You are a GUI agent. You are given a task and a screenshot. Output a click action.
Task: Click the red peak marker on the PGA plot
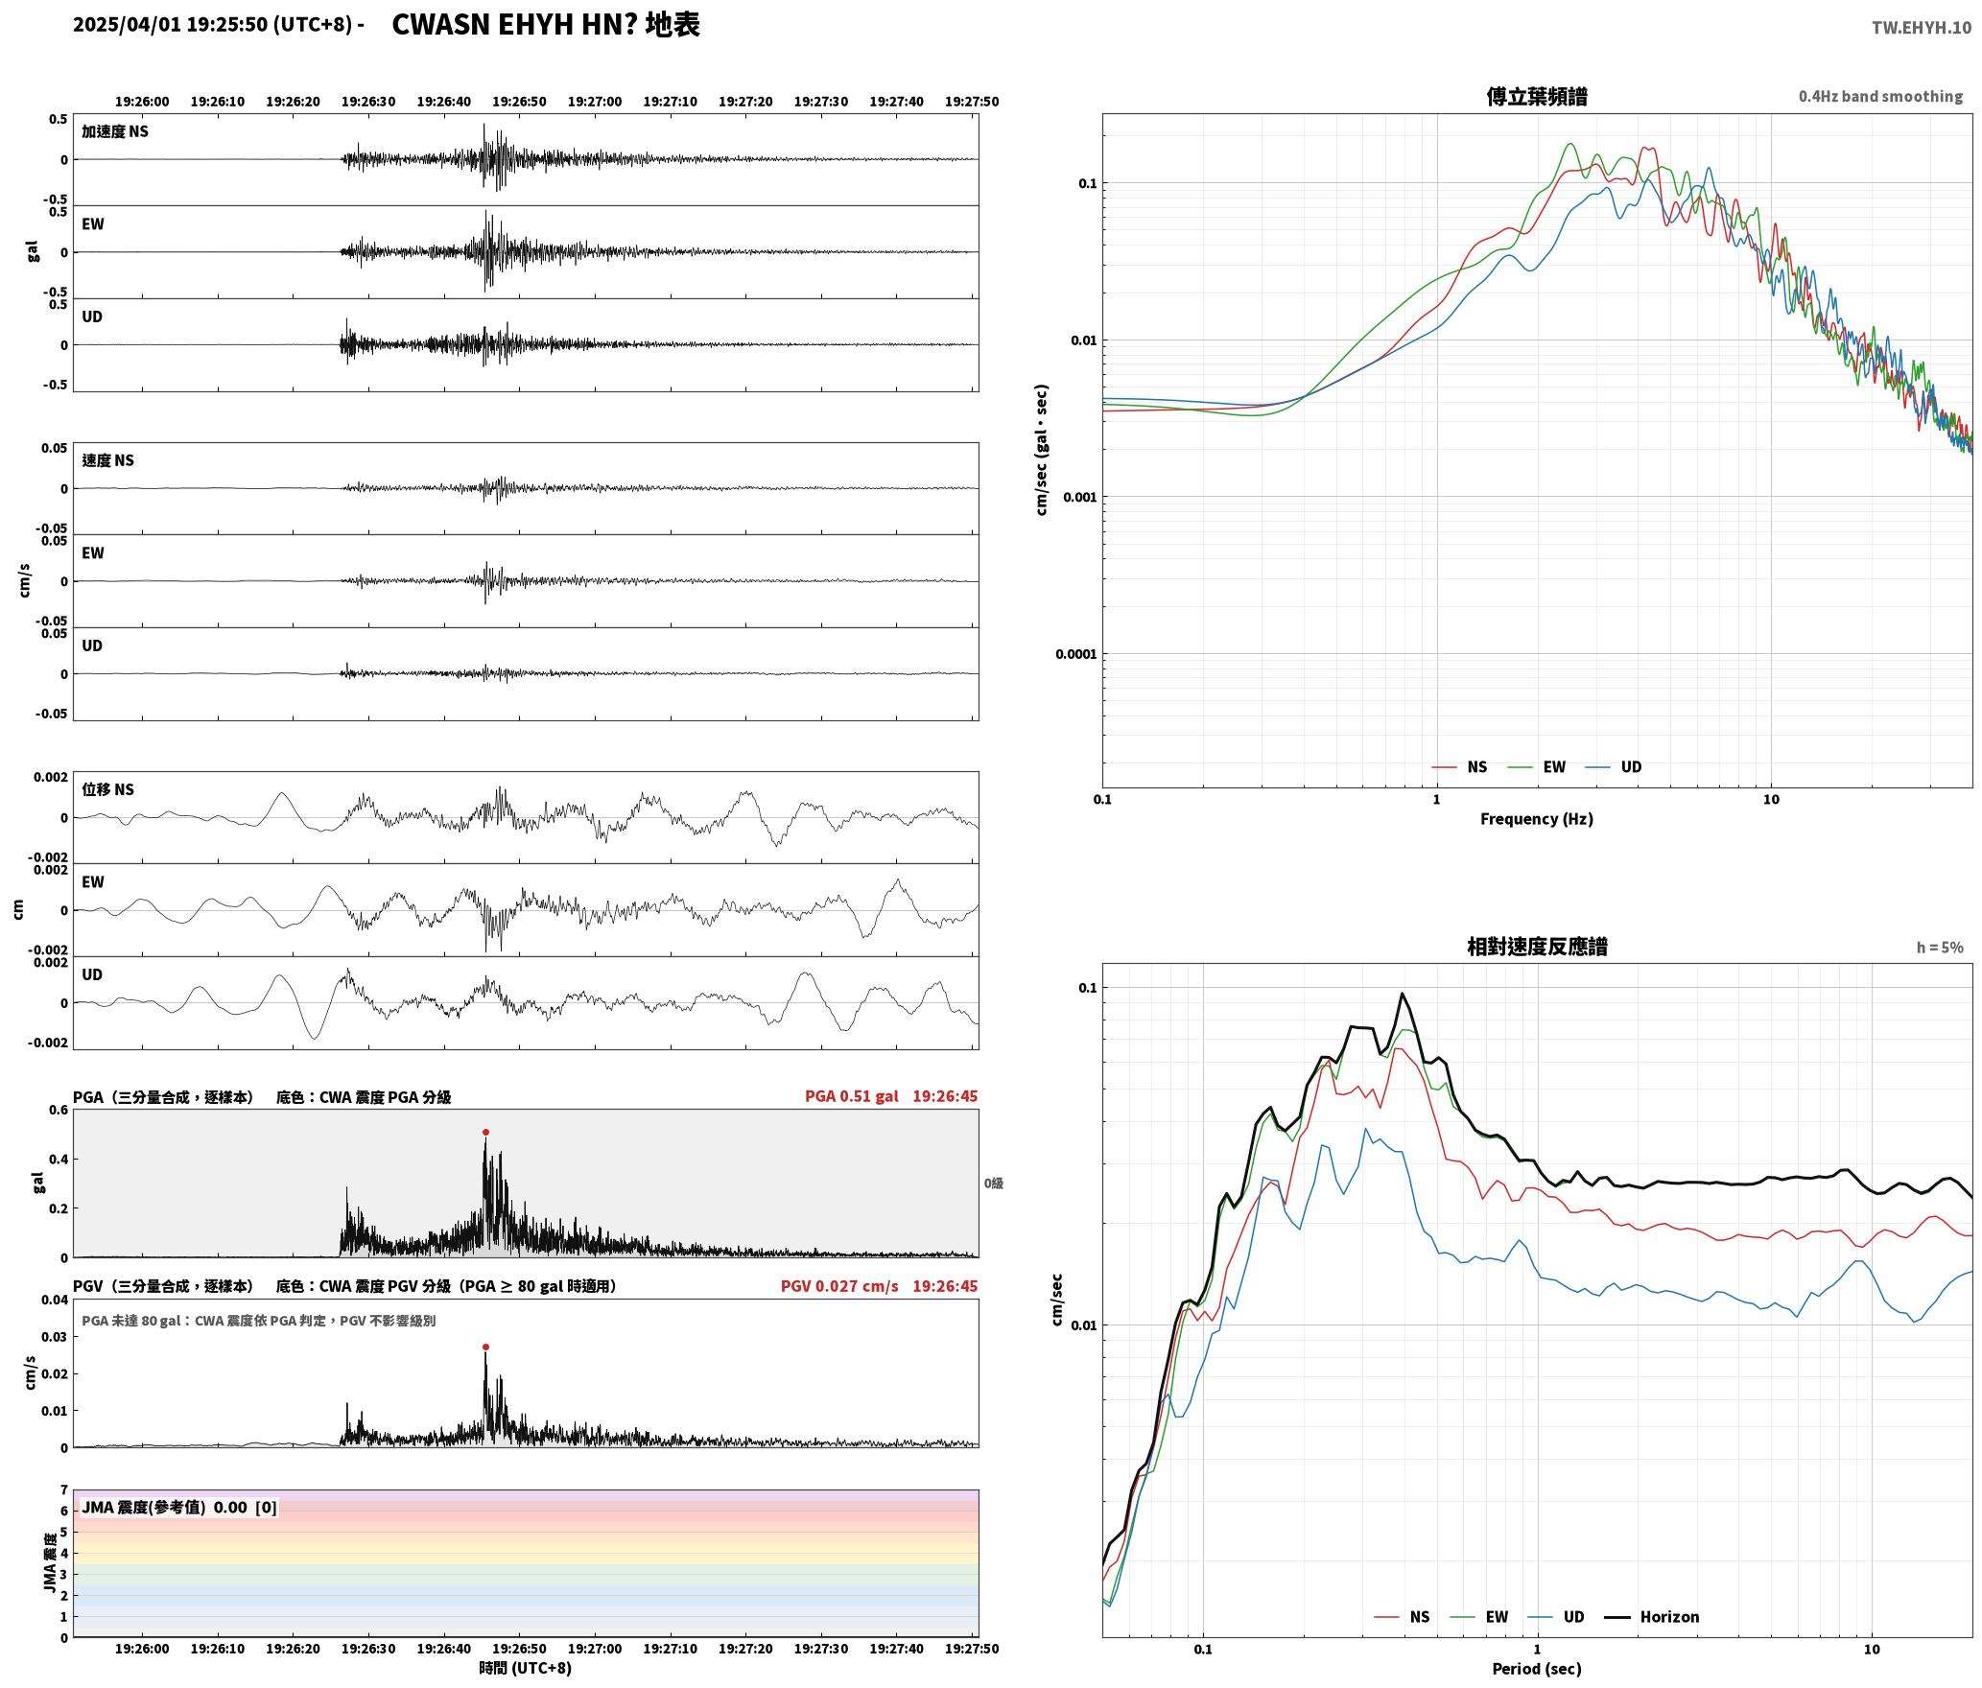click(485, 1132)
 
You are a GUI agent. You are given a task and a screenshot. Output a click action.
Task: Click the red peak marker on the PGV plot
click(485, 1347)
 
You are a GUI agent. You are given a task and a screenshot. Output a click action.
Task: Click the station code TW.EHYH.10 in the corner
click(1922, 27)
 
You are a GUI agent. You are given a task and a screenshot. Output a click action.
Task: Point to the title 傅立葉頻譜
click(1537, 97)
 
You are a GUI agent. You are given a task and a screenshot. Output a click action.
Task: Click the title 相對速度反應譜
click(1537, 947)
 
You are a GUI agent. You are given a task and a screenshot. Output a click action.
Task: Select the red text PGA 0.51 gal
click(852, 1096)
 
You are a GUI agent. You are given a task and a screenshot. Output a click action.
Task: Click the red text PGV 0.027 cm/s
click(839, 1286)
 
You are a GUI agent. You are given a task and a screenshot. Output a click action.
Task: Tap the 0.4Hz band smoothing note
click(1880, 97)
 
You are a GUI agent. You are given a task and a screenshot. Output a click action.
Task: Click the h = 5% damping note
click(1940, 948)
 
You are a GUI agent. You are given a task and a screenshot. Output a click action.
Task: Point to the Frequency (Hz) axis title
click(1537, 819)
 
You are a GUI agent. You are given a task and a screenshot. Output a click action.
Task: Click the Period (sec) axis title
click(1537, 1669)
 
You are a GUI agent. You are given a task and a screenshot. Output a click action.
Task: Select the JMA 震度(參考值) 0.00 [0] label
click(179, 1508)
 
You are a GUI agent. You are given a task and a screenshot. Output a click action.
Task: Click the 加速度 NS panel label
click(115, 131)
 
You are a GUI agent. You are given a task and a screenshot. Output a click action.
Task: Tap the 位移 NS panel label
click(107, 789)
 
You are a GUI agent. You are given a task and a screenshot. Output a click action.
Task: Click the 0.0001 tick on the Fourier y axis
click(1075, 655)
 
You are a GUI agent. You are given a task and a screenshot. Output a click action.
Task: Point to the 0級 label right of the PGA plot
click(993, 1184)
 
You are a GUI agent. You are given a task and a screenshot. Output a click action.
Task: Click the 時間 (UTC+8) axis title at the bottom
click(526, 1668)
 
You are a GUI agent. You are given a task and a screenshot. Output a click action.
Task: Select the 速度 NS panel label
click(107, 460)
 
